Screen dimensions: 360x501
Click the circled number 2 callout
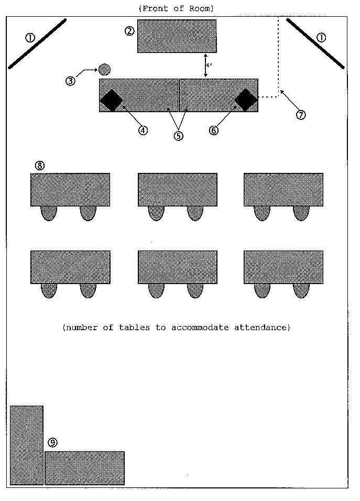point(129,31)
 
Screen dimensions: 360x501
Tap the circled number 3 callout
point(70,81)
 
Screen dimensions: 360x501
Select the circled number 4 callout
point(143,130)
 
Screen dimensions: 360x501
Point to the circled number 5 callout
point(179,135)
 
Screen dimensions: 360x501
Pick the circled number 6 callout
point(214,130)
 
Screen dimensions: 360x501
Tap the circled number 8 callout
point(40,165)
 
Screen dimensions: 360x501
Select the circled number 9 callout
point(52,443)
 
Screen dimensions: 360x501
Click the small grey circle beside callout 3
point(104,69)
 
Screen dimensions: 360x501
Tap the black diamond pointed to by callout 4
point(111,100)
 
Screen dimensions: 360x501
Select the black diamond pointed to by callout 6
point(246,100)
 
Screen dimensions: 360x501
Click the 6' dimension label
point(209,66)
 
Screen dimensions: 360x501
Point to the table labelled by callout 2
point(177,36)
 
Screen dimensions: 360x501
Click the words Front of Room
point(176,8)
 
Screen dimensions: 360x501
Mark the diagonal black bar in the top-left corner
point(37,43)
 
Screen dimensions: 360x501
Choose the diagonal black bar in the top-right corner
point(315,43)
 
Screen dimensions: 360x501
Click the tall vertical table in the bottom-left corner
point(27,445)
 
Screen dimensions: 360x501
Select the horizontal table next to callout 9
point(84,468)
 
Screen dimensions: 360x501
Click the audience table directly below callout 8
point(70,190)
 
